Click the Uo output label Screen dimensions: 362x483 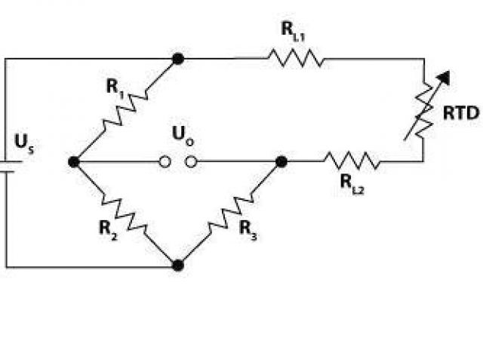pos(180,136)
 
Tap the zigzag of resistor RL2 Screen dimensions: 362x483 pos(352,161)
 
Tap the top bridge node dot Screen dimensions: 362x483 pos(178,58)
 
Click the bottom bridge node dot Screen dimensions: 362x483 pos(178,265)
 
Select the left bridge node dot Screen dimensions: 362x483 pos(74,161)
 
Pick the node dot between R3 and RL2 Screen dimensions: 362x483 pos(281,161)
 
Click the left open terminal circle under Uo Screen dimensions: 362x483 pos(164,161)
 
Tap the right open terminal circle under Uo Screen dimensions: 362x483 pos(192,161)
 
